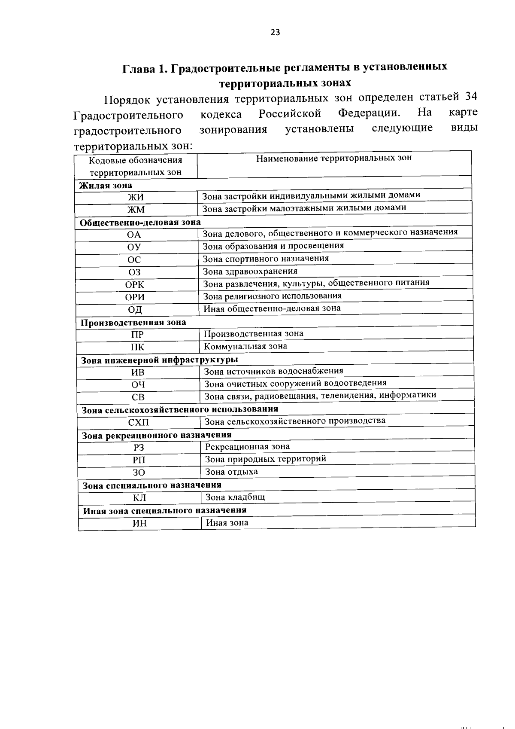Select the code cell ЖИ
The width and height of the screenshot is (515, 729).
[136, 198]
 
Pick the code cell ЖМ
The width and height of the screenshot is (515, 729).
[136, 210]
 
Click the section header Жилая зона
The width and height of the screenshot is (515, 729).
[106, 186]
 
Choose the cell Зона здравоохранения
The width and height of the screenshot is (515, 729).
[250, 271]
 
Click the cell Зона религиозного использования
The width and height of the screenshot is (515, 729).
[273, 296]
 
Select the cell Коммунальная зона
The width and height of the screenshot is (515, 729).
[245, 346]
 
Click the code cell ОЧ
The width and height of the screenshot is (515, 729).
[138, 385]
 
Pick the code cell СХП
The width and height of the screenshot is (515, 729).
[139, 423]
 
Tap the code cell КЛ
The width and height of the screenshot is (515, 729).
[139, 498]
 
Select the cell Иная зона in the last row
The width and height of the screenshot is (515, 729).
[227, 523]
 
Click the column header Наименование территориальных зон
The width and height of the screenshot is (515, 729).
[334, 158]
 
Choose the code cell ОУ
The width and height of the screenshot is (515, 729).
[134, 247]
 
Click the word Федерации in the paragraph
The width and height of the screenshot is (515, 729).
[370, 113]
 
